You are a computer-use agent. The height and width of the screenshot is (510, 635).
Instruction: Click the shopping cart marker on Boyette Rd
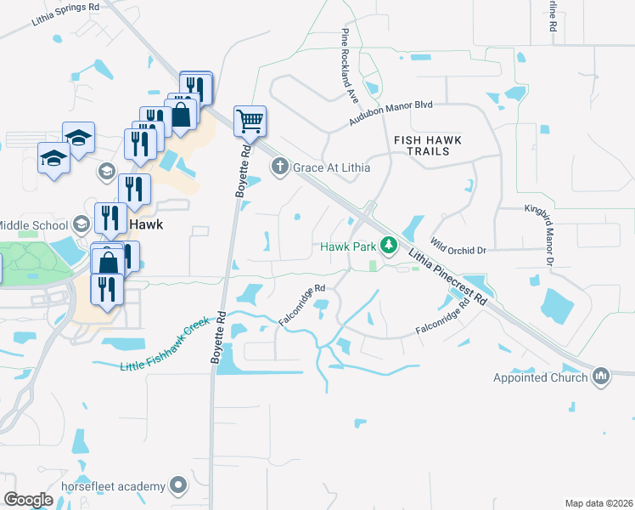click(250, 121)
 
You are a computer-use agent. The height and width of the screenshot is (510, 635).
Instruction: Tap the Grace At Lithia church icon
click(280, 167)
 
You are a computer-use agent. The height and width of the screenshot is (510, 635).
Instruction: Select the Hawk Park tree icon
click(389, 246)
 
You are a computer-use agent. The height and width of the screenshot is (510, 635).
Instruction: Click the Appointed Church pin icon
click(601, 377)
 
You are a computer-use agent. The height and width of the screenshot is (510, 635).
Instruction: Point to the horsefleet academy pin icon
click(177, 486)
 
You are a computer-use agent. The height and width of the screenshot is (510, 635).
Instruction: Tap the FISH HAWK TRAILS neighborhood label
click(430, 144)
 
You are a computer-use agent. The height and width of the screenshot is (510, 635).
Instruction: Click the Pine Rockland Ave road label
click(350, 65)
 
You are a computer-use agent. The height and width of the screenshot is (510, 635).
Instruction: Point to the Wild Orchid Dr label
click(458, 246)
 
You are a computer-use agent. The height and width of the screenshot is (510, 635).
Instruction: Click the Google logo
click(29, 500)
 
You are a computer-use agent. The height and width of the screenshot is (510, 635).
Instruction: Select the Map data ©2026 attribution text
click(598, 503)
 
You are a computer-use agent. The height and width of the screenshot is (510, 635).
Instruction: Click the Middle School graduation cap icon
click(81, 224)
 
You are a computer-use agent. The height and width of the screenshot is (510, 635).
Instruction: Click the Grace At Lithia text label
click(331, 167)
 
